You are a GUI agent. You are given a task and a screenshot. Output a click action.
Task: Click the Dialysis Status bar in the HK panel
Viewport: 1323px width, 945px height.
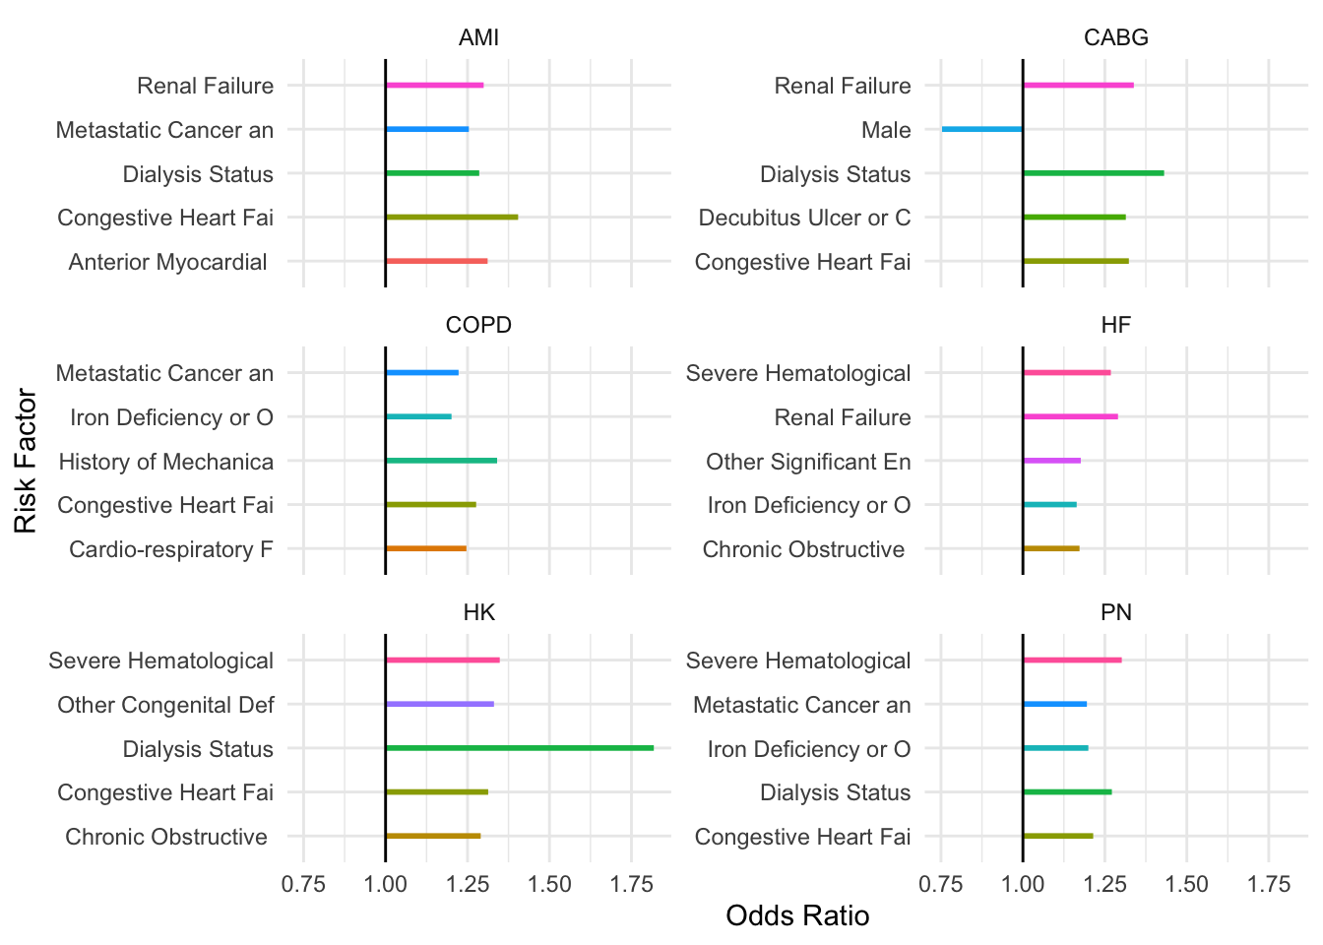[520, 748]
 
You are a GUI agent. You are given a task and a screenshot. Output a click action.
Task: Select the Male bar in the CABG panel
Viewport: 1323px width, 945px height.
[981, 129]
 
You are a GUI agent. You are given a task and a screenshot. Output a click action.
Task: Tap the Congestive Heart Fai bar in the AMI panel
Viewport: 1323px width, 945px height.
[452, 217]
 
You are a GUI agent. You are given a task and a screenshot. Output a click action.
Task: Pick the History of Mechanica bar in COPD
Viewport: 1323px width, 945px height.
[441, 461]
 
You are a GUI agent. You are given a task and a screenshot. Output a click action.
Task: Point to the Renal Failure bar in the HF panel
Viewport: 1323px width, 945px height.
[1070, 416]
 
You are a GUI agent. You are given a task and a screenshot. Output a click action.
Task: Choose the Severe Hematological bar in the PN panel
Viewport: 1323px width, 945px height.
[1072, 660]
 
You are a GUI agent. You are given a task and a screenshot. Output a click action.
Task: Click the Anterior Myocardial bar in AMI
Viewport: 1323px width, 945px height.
[436, 261]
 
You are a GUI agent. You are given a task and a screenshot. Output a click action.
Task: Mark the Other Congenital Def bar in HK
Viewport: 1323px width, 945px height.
[439, 704]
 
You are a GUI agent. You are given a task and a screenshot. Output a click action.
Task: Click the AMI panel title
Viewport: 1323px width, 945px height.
[478, 37]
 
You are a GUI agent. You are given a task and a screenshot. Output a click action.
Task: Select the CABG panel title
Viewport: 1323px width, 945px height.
[1115, 37]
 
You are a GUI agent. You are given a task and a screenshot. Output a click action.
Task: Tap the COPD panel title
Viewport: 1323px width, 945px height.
[478, 325]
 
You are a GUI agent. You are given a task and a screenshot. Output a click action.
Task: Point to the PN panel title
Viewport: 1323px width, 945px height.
[1115, 612]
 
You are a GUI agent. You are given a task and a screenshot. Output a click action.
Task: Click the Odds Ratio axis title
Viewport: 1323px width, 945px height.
[797, 916]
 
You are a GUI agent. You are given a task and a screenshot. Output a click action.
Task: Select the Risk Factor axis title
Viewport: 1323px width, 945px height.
[26, 461]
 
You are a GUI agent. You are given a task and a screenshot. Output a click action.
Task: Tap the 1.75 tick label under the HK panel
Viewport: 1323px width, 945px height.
[631, 884]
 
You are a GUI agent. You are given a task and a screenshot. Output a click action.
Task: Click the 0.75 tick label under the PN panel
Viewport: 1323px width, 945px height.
[940, 884]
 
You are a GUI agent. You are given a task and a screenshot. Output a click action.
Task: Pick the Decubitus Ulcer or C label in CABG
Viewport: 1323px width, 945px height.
[804, 218]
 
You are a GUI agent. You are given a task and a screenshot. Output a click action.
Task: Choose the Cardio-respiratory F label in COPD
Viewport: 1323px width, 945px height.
[171, 549]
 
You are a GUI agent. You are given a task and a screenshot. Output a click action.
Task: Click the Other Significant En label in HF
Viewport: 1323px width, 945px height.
[808, 462]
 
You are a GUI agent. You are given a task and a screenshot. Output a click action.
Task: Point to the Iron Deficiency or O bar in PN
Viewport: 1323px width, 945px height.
[1055, 748]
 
